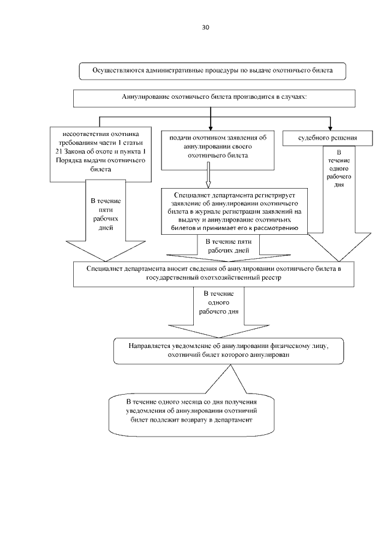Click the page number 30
206,28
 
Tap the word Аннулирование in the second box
146,96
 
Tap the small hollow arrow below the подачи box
209,174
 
